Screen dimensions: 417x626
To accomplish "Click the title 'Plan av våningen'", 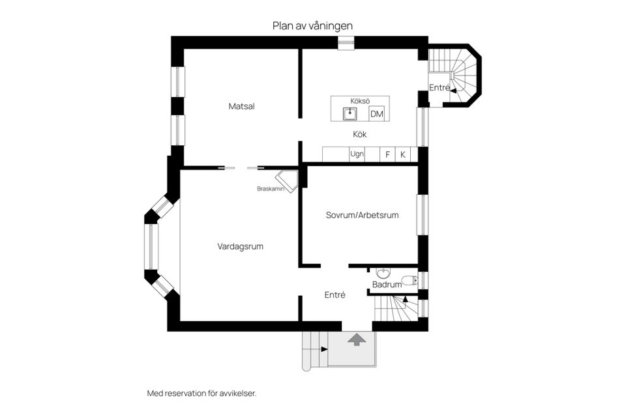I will point(312,25).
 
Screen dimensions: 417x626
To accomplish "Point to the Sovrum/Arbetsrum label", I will point(362,215).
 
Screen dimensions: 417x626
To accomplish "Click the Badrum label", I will point(387,285).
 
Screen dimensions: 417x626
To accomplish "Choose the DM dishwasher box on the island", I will point(376,115).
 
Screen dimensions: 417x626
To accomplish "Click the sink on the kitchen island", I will point(351,114).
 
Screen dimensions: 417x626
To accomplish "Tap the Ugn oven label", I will point(357,154).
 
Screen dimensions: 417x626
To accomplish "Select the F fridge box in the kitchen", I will point(387,154).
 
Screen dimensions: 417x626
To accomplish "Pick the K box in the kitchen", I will point(403,154).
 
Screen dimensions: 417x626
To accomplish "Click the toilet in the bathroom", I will point(408,281).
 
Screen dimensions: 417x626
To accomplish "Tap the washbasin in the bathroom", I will point(383,273).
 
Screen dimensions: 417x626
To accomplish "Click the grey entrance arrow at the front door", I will point(356,339).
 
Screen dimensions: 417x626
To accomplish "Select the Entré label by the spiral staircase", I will point(439,87).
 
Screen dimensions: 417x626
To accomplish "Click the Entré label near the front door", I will point(335,295).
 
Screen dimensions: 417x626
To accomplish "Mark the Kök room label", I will point(359,135).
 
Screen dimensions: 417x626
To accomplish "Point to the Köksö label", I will point(360,101).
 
